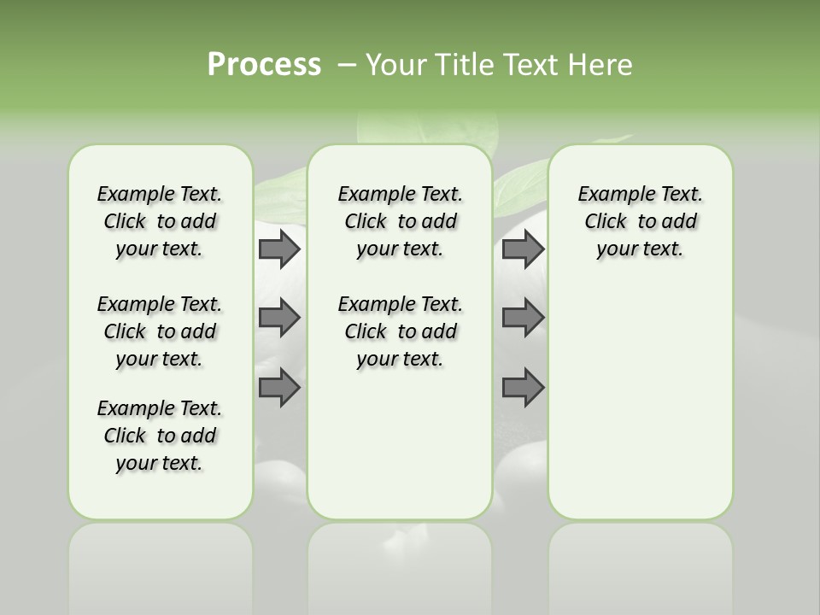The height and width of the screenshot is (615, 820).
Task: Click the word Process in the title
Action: (x=264, y=65)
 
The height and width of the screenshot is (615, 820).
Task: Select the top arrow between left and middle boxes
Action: (x=279, y=249)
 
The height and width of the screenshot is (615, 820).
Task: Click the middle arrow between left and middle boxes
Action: (x=279, y=318)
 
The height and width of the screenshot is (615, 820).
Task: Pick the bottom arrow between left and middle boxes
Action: (x=279, y=388)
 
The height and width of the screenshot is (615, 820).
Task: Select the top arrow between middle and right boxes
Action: (x=523, y=249)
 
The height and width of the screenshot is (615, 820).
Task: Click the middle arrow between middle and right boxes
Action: (x=523, y=318)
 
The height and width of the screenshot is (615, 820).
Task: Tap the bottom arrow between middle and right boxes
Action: (x=523, y=388)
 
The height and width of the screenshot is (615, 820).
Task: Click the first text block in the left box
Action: (x=160, y=221)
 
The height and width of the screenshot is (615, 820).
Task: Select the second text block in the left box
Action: (x=160, y=331)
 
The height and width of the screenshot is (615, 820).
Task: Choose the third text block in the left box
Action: (x=160, y=436)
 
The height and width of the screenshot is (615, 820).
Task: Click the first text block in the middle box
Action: (x=401, y=221)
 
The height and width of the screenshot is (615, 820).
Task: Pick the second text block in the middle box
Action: (x=401, y=331)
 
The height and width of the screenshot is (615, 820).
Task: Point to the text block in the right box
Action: (x=641, y=221)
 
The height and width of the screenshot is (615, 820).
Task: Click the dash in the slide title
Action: (x=347, y=65)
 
